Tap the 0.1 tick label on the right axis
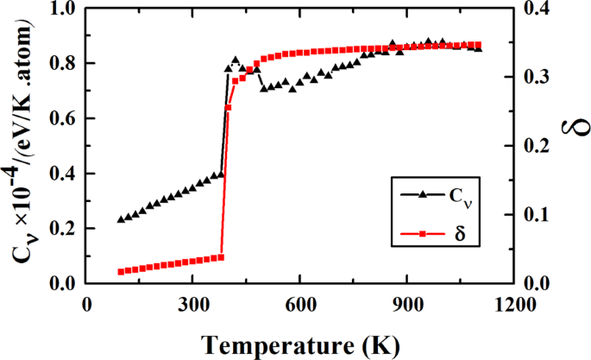coord(537,215)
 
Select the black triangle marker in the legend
coord(422,195)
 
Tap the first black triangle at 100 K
coord(122,219)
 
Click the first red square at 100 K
coord(122,272)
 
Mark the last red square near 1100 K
coord(478,45)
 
